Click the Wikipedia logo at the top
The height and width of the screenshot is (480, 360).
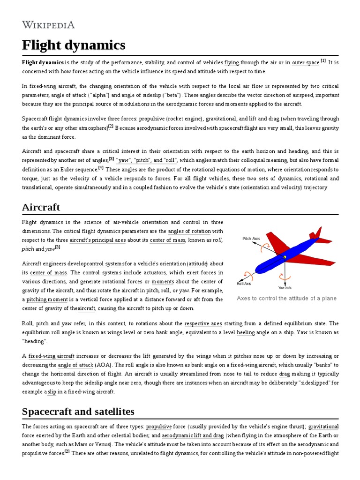tap(48, 24)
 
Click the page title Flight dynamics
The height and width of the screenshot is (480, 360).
tap(74, 45)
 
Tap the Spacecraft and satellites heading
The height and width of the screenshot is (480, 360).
tap(78, 412)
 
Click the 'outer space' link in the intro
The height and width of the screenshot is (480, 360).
tap(306, 62)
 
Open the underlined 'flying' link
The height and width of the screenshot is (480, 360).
tap(232, 62)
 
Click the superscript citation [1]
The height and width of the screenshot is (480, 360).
tap(323, 60)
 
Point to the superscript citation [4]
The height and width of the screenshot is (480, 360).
tap(101, 168)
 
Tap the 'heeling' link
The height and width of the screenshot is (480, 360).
tap(246, 332)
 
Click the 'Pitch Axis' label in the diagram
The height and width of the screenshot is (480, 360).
tap(251, 239)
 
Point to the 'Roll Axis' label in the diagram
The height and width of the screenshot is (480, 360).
tap(244, 284)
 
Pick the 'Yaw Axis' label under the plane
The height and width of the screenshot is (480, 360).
tap(285, 287)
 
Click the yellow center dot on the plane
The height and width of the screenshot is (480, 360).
tap(284, 257)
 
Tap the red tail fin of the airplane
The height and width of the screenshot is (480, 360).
tap(317, 232)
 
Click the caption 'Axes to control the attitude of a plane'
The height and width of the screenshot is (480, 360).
tap(286, 299)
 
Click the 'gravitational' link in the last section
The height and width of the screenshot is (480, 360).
tap(323, 427)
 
